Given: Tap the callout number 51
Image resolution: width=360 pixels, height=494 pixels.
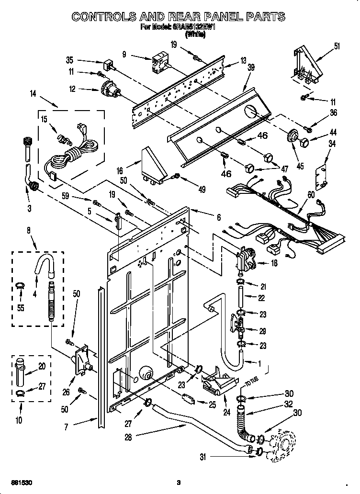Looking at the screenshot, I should (337, 46).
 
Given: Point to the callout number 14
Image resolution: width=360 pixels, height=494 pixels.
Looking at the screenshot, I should (33, 94).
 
